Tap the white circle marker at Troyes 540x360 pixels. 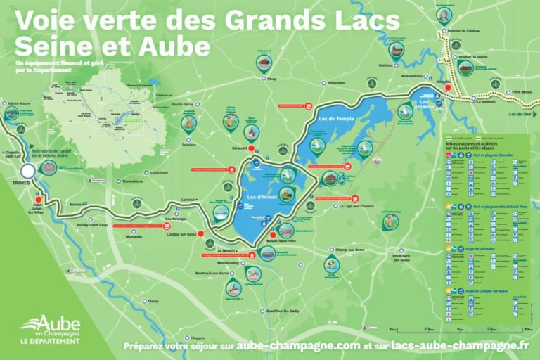point(27,171)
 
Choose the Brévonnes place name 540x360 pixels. point(336,82)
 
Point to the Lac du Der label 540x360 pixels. point(521,114)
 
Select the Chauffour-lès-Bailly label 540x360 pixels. point(284,310)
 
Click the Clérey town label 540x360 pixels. point(153,301)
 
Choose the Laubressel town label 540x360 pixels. point(160,172)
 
